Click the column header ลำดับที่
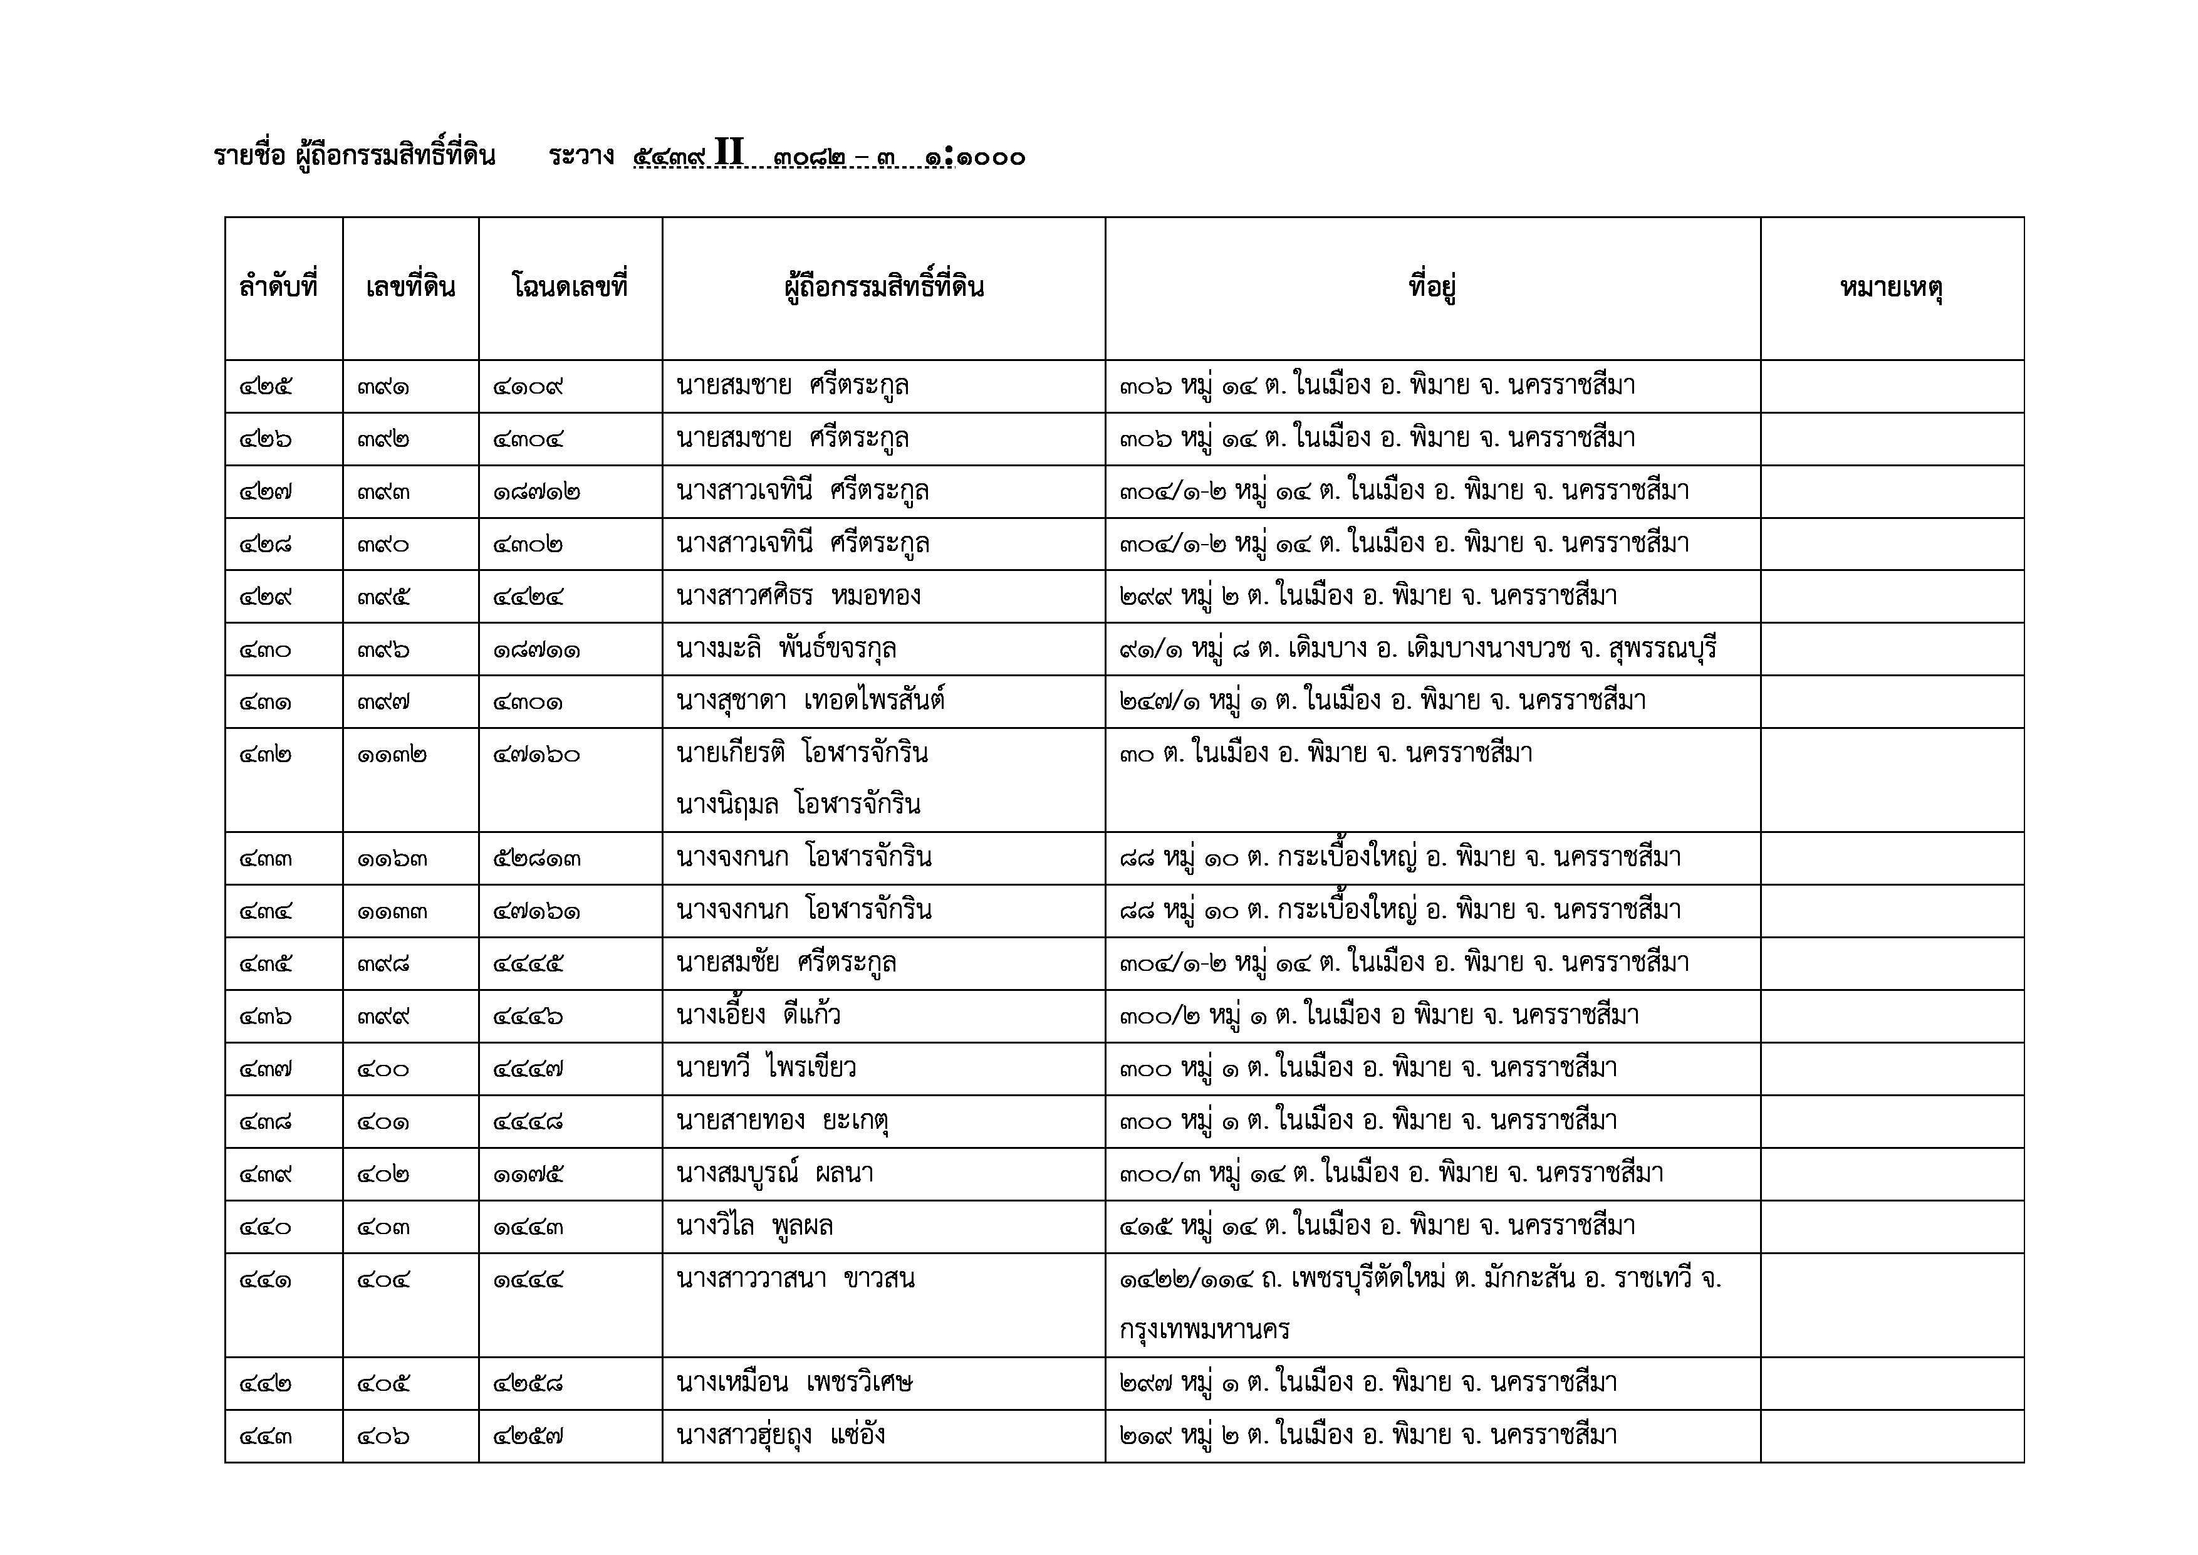coord(279,287)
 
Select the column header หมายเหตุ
coord(1891,287)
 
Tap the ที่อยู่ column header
coord(1432,287)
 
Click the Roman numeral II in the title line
coord(729,153)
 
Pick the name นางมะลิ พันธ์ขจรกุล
coord(786,649)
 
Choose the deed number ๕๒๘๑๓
coord(537,859)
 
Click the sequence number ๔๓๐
coord(265,650)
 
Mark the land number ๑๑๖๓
coord(392,859)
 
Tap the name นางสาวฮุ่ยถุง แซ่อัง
coord(780,1435)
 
